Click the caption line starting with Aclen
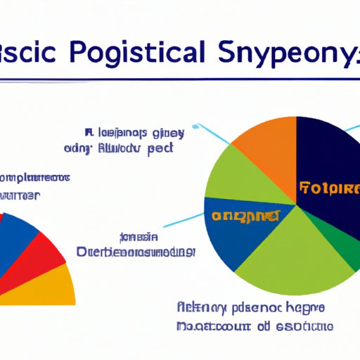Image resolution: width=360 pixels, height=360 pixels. click(x=250, y=309)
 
